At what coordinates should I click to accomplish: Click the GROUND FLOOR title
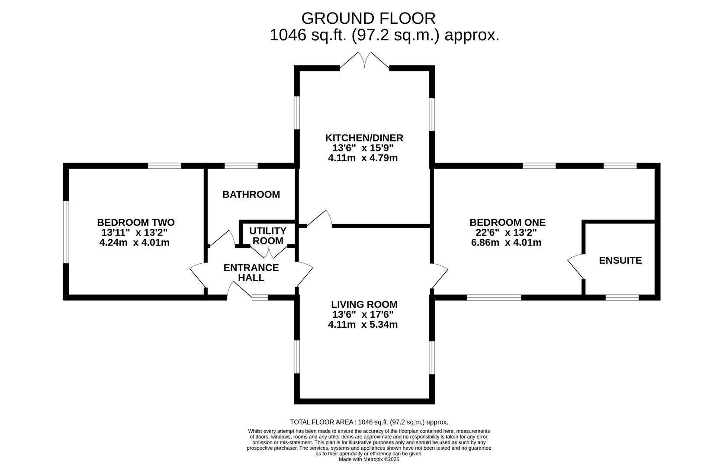click(368, 19)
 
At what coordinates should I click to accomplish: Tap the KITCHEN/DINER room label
click(364, 138)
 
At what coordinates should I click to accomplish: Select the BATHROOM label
click(251, 195)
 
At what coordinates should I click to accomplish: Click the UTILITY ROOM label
click(268, 236)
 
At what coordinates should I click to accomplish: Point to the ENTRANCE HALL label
click(251, 272)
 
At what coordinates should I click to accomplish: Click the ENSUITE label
click(620, 260)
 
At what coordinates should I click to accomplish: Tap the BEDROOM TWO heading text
click(135, 222)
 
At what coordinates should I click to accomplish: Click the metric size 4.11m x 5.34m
click(363, 324)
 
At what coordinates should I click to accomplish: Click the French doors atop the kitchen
click(364, 61)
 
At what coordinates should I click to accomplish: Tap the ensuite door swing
click(576, 266)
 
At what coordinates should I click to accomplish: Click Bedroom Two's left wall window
click(66, 232)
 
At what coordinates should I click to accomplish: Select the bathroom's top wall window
click(241, 166)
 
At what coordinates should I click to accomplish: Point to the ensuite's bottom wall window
click(622, 297)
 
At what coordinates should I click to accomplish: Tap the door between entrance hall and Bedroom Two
click(198, 277)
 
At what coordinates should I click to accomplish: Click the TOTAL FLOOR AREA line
click(369, 422)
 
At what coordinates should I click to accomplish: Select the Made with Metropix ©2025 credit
click(369, 459)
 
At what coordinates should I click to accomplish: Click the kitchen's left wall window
click(297, 112)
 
